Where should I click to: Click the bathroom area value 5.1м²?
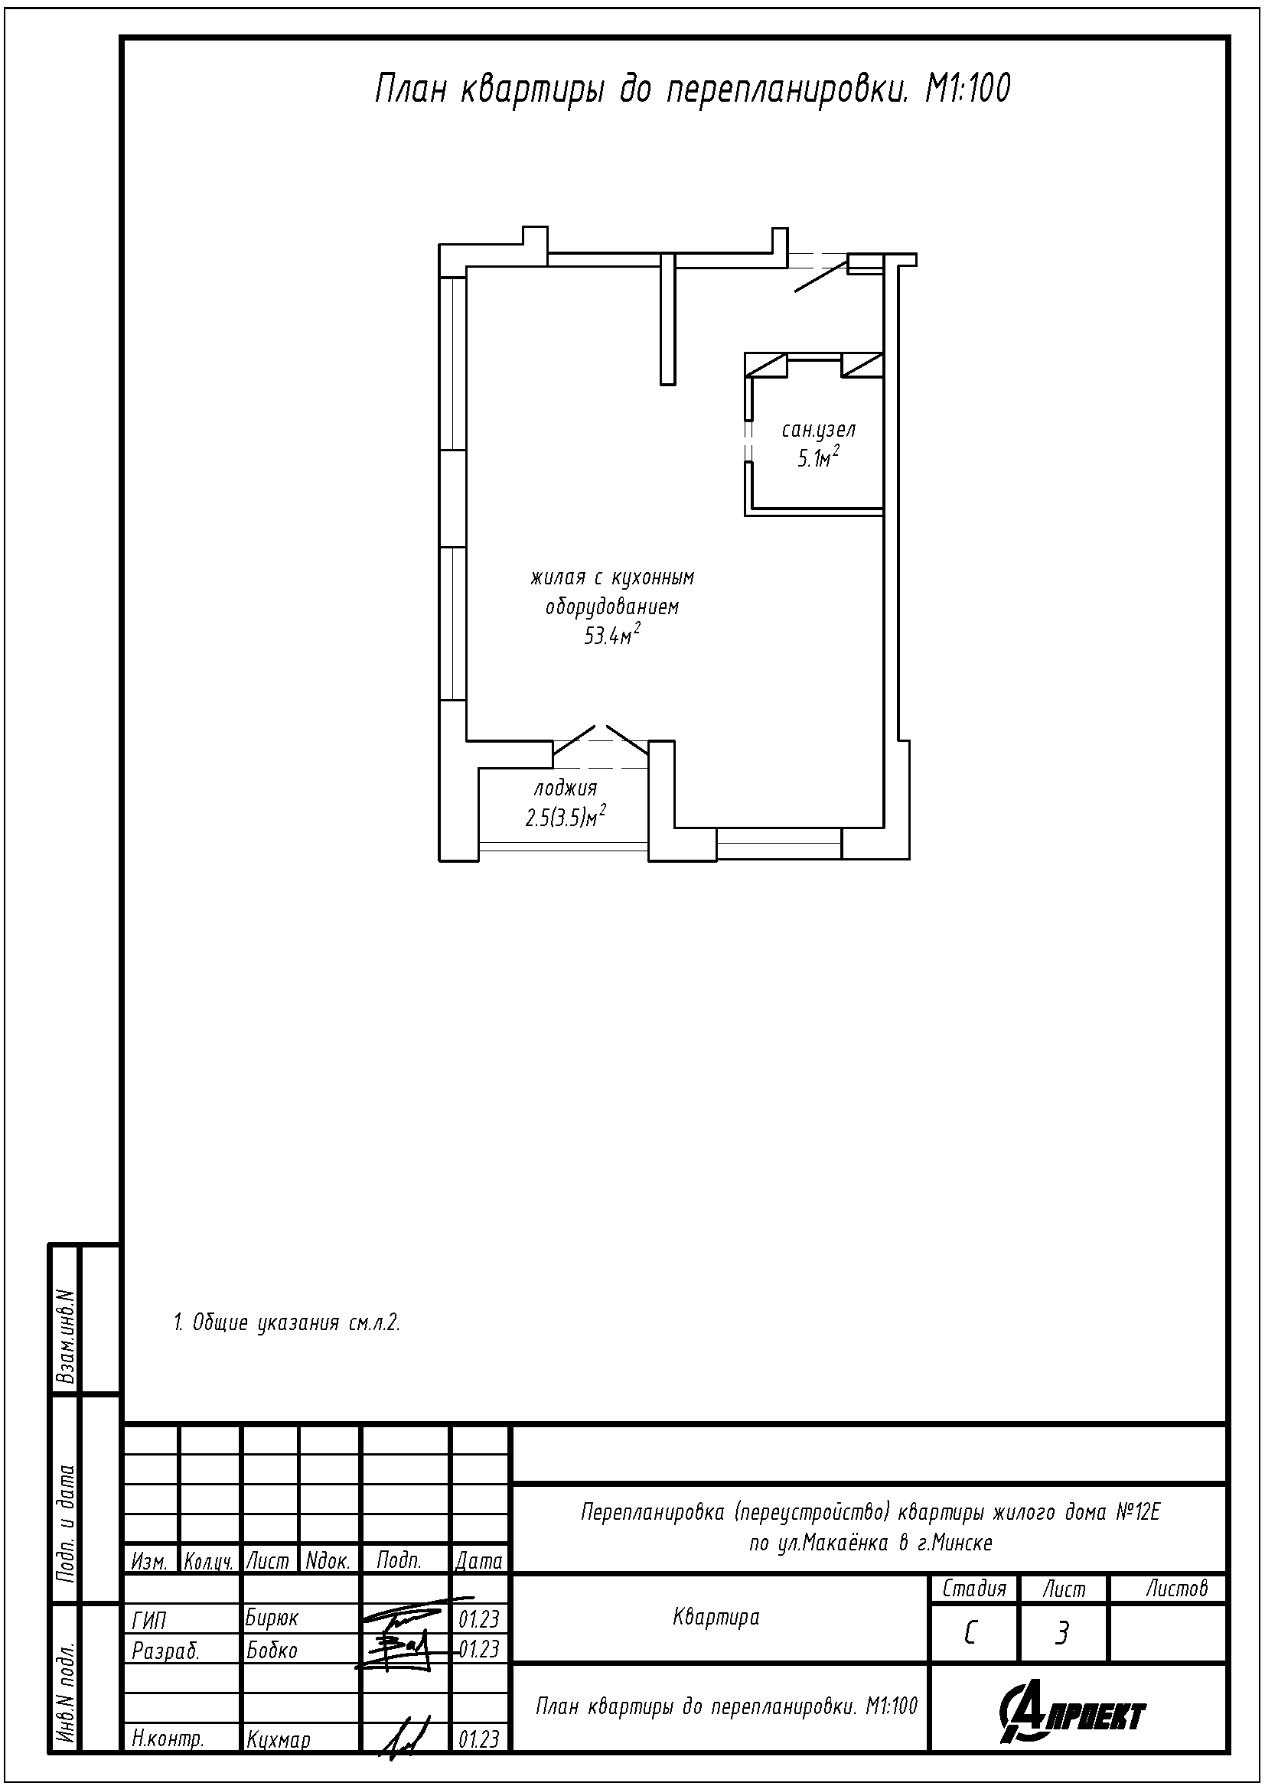[x=817, y=457]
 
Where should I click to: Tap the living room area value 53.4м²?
[x=612, y=635]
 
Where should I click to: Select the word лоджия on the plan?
[x=565, y=789]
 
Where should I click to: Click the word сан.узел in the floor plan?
[x=818, y=430]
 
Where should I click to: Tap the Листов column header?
[x=1176, y=1587]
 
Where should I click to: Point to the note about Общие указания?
[x=287, y=1322]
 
